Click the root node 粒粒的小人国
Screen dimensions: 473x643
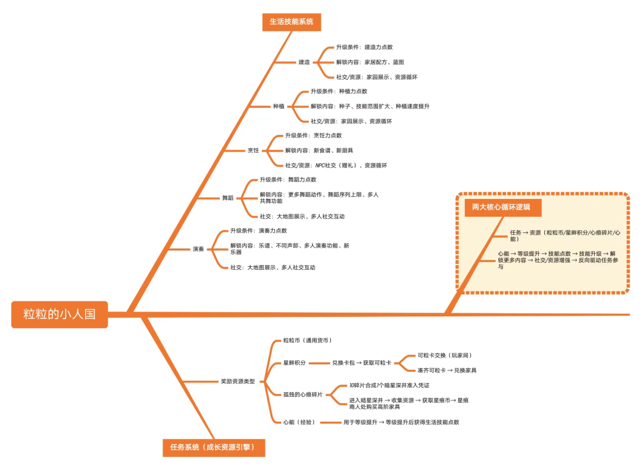point(60,314)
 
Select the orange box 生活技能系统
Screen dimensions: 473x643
point(291,22)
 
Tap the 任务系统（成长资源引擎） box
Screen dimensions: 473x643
point(214,447)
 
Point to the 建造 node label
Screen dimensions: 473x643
point(304,62)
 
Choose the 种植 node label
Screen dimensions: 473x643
point(279,106)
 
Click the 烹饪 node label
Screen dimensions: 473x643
point(254,150)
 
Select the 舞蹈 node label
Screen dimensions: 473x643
point(228,198)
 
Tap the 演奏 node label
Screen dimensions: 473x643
point(198,249)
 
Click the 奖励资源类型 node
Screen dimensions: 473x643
point(238,381)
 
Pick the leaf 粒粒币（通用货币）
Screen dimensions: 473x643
point(308,340)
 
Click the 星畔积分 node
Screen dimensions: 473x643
point(295,363)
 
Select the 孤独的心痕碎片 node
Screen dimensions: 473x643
point(304,394)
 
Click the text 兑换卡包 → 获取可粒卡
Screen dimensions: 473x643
point(361,363)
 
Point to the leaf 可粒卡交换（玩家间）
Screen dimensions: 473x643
point(445,355)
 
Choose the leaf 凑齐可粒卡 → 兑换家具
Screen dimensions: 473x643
point(447,370)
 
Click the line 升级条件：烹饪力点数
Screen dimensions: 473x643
point(313,135)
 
